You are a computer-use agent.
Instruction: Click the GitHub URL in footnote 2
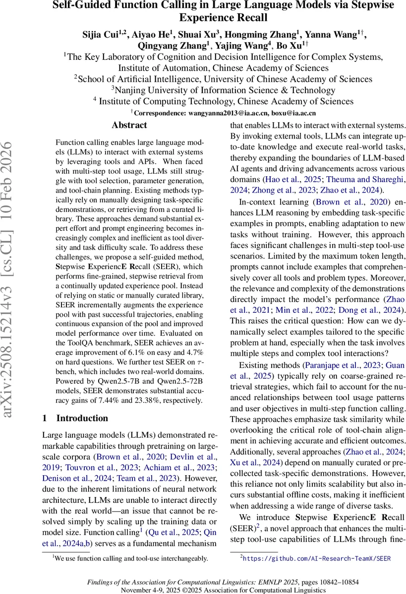317,558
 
